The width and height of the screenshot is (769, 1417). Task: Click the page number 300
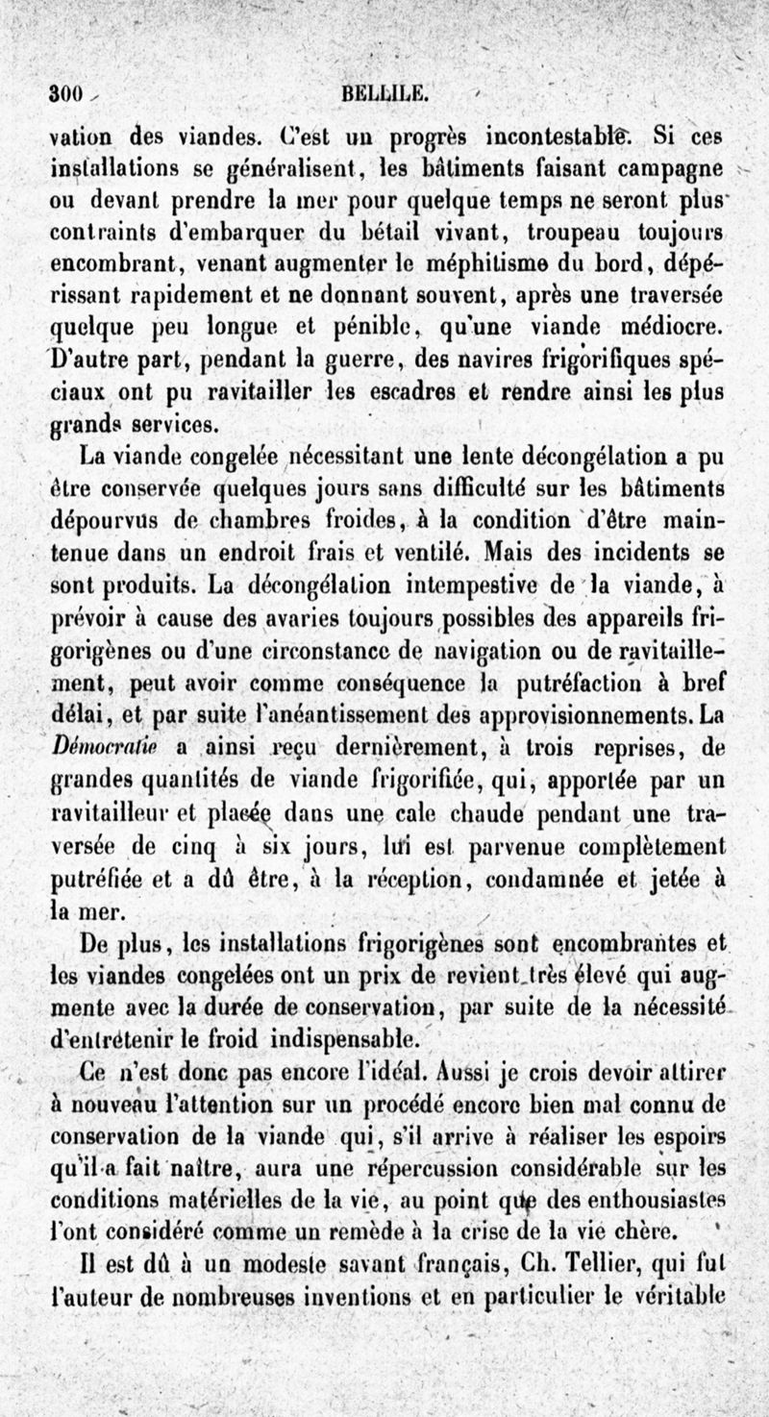[67, 94]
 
